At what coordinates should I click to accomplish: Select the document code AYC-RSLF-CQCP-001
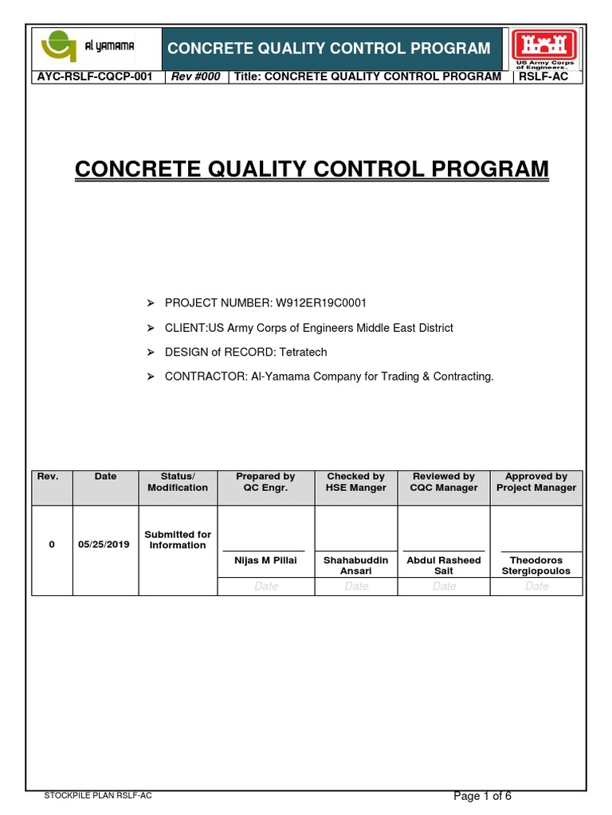[x=95, y=76]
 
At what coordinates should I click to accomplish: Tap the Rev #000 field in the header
[x=195, y=76]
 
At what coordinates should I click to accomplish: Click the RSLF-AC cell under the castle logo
[x=543, y=76]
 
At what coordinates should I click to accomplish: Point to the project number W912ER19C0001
[x=321, y=303]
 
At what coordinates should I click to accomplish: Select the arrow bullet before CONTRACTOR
[x=150, y=376]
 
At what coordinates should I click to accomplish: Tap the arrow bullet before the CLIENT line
[x=150, y=328]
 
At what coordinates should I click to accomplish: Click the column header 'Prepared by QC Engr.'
[x=265, y=482]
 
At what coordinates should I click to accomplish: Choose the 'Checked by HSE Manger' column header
[x=356, y=482]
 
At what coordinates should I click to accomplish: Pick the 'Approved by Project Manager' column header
[x=536, y=482]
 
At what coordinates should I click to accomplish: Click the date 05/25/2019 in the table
[x=104, y=545]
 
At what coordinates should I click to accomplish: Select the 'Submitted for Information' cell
[x=178, y=540]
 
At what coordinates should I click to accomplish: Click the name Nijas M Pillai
[x=265, y=560]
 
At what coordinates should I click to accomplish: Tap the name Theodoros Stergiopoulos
[x=536, y=566]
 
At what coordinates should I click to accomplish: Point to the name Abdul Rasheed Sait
[x=444, y=566]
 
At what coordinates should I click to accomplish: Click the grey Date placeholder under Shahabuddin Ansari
[x=356, y=587]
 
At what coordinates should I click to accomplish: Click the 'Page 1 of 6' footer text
[x=482, y=796]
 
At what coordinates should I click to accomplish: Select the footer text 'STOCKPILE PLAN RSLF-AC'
[x=99, y=796]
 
